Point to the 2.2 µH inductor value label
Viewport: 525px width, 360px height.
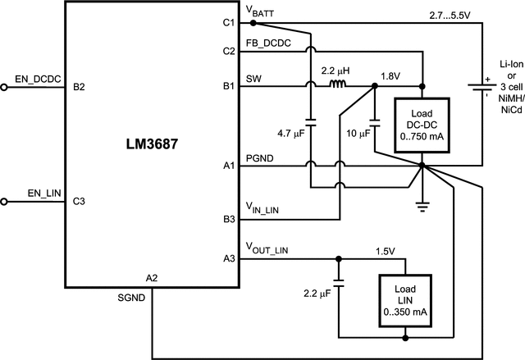(x=336, y=71)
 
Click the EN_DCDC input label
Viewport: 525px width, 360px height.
(x=34, y=78)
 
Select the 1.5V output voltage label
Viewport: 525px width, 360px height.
(x=386, y=250)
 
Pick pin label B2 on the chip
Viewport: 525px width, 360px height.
(x=79, y=86)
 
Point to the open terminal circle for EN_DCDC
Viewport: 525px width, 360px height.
(x=4, y=86)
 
